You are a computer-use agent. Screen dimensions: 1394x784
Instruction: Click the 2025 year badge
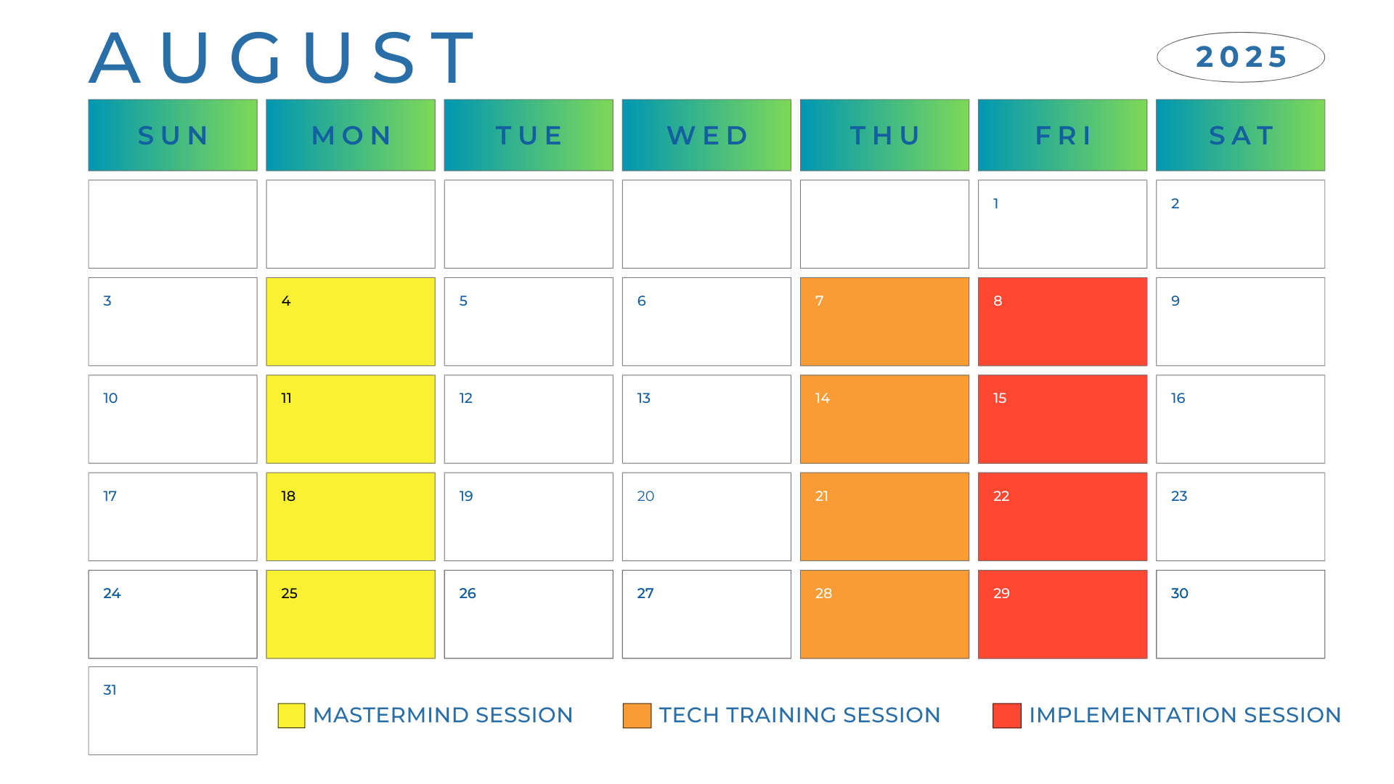[x=1241, y=57]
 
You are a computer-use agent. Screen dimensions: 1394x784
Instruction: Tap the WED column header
[x=706, y=135]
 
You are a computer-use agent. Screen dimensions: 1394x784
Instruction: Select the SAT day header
[x=1240, y=135]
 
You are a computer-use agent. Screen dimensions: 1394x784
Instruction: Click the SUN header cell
[x=173, y=135]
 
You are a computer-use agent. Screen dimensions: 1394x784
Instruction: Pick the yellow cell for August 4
[x=351, y=322]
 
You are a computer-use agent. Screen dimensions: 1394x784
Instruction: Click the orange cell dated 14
[x=884, y=419]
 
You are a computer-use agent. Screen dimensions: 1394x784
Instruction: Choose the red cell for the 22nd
[x=1062, y=517]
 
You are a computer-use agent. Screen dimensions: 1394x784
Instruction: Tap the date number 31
[x=110, y=690]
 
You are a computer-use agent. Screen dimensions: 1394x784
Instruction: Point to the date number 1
[x=995, y=203]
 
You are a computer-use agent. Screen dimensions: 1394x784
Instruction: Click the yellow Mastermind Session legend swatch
[x=291, y=715]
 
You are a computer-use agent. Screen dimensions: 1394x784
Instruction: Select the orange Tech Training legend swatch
[x=637, y=715]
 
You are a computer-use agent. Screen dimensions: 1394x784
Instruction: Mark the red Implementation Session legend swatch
[x=1007, y=715]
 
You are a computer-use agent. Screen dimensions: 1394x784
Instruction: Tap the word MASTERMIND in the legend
[x=391, y=715]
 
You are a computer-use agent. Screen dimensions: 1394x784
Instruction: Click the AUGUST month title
[x=282, y=57]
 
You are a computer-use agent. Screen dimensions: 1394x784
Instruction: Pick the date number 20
[x=645, y=496]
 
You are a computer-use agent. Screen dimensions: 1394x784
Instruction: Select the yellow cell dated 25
[x=351, y=614]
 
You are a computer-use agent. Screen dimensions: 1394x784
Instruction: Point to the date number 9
[x=1175, y=301]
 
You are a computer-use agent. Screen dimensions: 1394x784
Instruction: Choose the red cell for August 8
[x=1062, y=322]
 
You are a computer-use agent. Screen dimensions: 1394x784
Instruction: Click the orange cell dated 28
[x=884, y=614]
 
